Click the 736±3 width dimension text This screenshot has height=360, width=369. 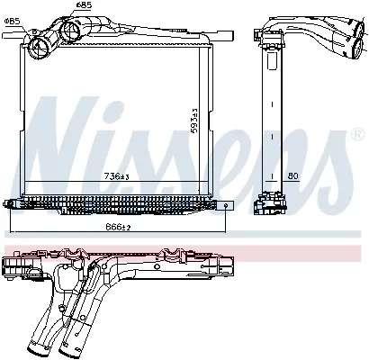pos(116,176)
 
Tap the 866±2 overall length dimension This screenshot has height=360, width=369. pos(118,227)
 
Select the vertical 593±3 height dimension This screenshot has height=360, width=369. pos(194,121)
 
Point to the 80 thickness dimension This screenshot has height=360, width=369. pos(293,176)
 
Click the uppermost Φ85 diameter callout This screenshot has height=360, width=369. pos(84,4)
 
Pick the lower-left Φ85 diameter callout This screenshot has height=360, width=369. pos(13,21)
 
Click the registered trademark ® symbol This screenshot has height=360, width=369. pos(357,135)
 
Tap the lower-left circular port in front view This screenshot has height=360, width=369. pos(39,48)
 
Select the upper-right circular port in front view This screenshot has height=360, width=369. pos(70,31)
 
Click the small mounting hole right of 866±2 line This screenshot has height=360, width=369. pos(226,205)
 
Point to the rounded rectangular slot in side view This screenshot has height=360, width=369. pos(271,60)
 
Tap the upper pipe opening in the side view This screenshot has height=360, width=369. pos(358,29)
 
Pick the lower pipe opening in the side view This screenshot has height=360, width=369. pos(357,48)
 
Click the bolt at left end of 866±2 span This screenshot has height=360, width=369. pos(9,204)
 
